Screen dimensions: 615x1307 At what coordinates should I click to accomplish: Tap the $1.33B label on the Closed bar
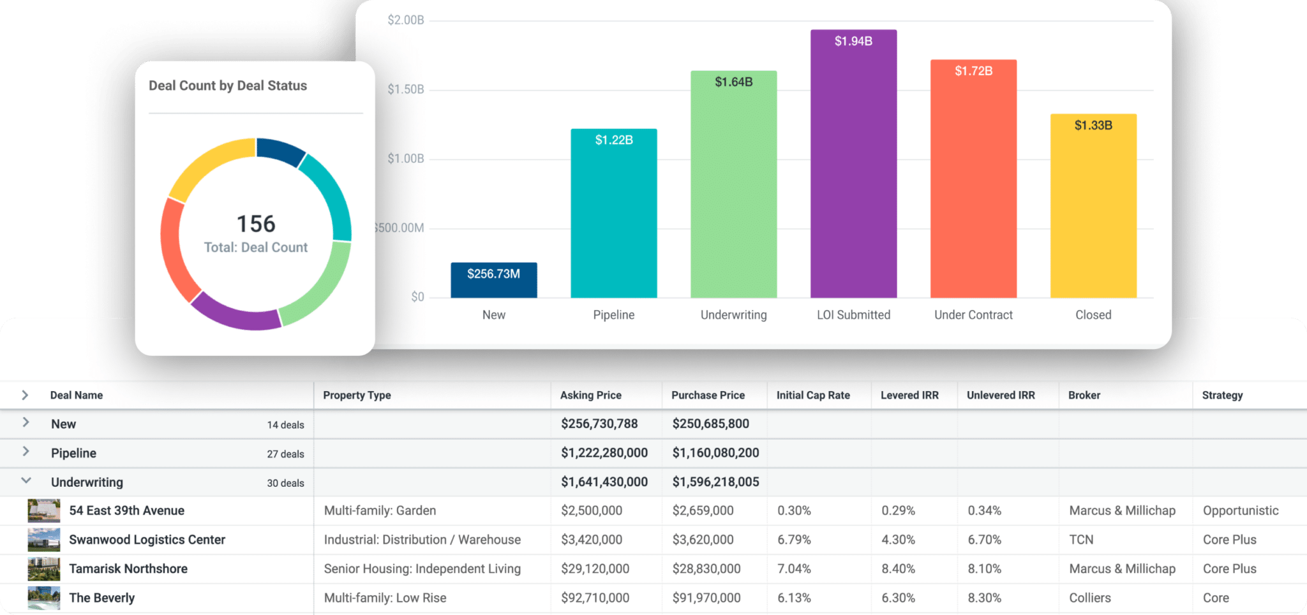pos(1093,125)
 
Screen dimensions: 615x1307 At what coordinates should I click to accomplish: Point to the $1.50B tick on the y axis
pos(406,89)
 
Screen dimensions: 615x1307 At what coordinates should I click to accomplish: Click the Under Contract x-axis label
pos(973,315)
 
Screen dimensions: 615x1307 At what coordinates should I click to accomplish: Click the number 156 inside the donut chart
pos(256,224)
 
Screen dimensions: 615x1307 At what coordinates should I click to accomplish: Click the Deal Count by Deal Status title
pos(228,85)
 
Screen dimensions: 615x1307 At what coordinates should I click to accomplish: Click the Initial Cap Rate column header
pos(813,395)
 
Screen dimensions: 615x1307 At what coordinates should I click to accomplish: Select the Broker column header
pos(1084,395)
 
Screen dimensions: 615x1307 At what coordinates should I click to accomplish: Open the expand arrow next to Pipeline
pos(26,452)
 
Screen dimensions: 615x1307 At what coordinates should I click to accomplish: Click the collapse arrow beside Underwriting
pos(26,481)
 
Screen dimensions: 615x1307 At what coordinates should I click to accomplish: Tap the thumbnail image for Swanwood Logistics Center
pos(44,540)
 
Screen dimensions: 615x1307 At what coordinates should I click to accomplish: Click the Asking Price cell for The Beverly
pos(595,598)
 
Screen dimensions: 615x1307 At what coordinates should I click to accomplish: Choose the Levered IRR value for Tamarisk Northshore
pos(898,568)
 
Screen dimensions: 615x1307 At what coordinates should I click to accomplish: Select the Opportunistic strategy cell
pos(1241,510)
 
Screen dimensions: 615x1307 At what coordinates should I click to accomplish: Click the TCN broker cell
pos(1081,540)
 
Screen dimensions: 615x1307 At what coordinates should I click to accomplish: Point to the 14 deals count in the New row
pos(285,425)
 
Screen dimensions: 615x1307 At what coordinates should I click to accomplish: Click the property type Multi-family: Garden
pos(380,510)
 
